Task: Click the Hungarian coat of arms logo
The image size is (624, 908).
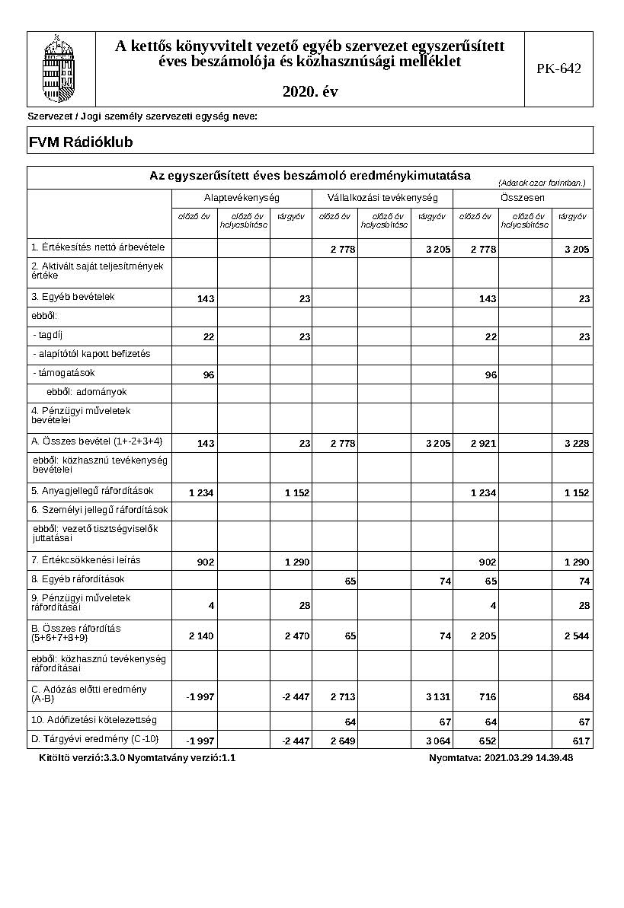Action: pos(61,69)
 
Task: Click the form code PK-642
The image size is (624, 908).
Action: pos(558,69)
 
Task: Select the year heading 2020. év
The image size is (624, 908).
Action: pos(309,92)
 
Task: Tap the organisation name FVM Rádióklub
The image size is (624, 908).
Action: pos(81,142)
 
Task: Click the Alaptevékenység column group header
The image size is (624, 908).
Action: pos(242,198)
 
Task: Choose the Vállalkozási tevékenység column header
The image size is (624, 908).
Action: pos(382,198)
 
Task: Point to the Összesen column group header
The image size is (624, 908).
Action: pos(523,198)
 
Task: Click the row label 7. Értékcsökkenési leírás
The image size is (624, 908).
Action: pos(86,560)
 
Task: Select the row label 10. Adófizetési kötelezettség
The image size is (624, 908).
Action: pos(94,719)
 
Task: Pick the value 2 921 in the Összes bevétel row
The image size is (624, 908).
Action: pos(483,444)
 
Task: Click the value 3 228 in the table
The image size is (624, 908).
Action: pos(576,444)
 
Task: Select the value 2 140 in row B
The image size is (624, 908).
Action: pos(201,636)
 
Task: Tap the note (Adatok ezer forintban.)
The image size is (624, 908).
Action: pos(542,183)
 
